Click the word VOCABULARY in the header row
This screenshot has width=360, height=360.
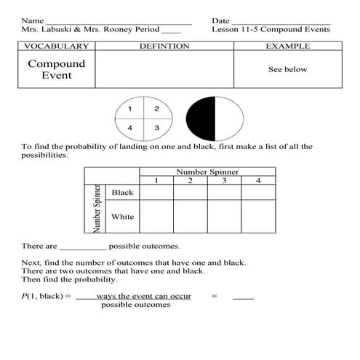click(56, 46)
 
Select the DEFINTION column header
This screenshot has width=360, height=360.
click(164, 46)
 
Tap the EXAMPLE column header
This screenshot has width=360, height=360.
click(287, 46)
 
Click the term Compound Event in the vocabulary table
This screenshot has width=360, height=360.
click(56, 69)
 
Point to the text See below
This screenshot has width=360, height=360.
click(287, 70)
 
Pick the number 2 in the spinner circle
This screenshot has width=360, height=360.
click(156, 109)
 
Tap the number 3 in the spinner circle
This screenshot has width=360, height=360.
click(156, 128)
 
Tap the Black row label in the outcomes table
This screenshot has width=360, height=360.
click(122, 192)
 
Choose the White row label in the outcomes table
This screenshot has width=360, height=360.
click(122, 217)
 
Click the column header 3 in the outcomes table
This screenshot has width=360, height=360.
click(224, 180)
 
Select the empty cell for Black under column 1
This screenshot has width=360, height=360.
click(156, 192)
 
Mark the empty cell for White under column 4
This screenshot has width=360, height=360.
click(258, 217)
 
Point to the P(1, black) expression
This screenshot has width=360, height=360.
click(44, 297)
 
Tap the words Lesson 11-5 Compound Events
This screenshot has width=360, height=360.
click(271, 30)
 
